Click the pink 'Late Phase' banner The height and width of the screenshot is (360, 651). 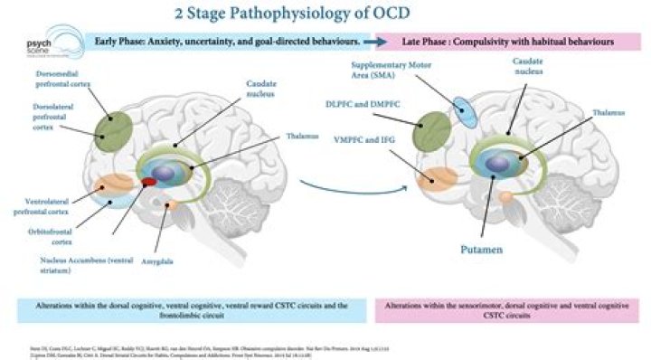pyautogui.click(x=501, y=42)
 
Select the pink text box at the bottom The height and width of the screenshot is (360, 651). pyautogui.click(x=502, y=309)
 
